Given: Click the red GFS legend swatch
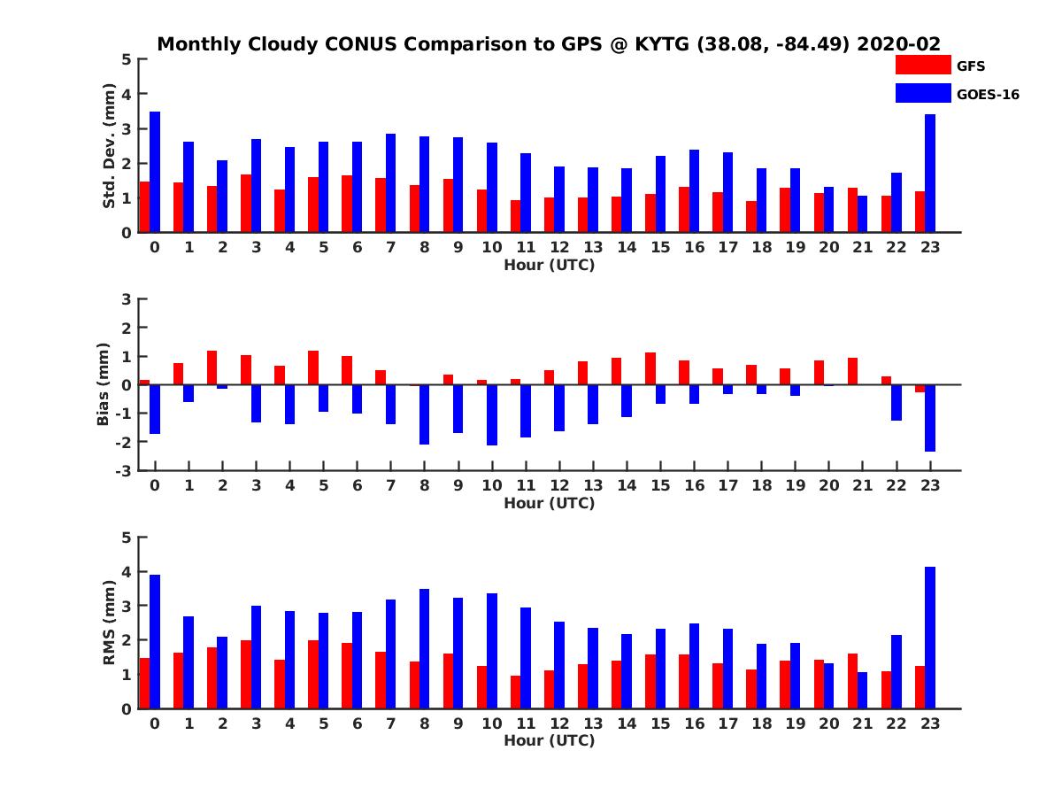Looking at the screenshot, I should [x=922, y=65].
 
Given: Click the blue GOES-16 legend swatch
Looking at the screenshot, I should [x=922, y=93].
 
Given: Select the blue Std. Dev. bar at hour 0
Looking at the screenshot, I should [x=155, y=172].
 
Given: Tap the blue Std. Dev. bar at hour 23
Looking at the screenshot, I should [x=930, y=174].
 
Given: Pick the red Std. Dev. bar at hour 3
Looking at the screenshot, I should [x=245, y=203].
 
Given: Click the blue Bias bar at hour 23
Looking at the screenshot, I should [x=930, y=418].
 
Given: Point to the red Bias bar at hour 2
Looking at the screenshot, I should [x=212, y=368].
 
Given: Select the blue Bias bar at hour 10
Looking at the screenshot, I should [x=492, y=414].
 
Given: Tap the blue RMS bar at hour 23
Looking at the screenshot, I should [x=930, y=638].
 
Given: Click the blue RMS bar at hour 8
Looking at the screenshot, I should [x=425, y=648].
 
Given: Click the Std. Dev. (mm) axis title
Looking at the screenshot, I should [x=110, y=146].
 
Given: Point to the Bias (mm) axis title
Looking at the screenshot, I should [x=104, y=384].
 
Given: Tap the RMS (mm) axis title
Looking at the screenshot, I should [x=110, y=623].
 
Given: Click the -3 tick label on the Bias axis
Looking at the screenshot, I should [x=126, y=470].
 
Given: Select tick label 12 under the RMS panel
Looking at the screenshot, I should [x=559, y=723].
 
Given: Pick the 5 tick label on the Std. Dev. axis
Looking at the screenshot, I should [x=127, y=59].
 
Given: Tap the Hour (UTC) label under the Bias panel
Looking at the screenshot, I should [x=549, y=503].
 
